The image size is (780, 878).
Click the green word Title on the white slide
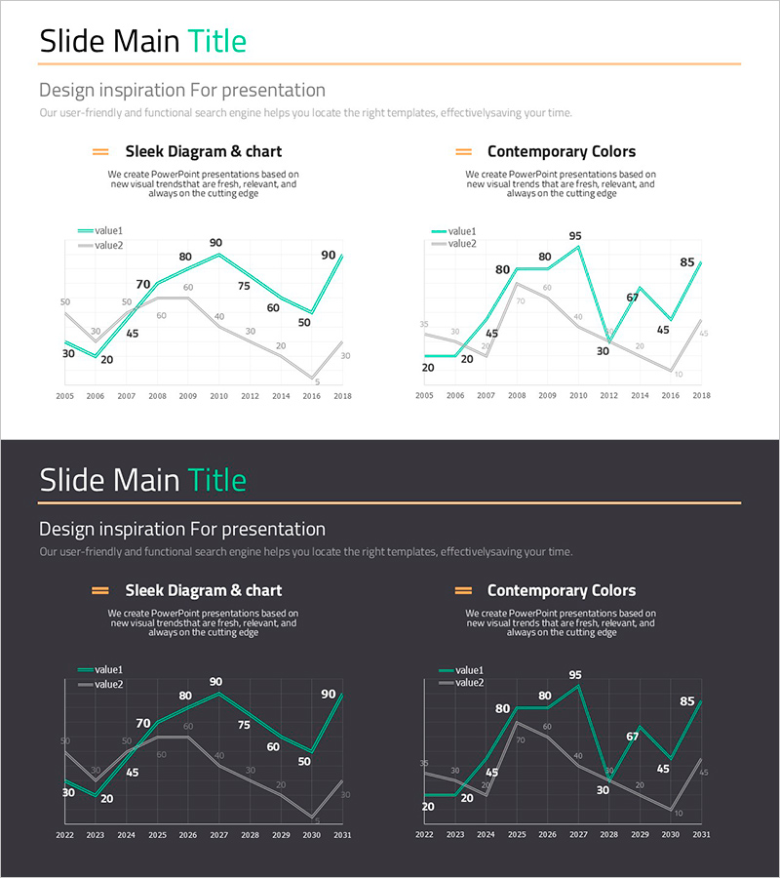(216, 41)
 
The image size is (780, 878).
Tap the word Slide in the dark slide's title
(73, 480)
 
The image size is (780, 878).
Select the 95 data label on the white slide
(575, 236)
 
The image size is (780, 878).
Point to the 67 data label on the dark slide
(632, 737)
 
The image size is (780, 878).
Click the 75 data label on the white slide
(244, 286)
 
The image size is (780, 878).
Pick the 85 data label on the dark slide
(687, 700)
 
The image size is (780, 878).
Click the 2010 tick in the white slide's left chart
(218, 396)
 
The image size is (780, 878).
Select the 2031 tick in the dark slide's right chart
(701, 835)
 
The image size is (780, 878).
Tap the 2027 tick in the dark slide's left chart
(218, 835)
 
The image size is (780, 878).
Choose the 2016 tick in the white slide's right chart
(671, 396)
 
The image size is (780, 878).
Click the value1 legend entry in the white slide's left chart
(100, 231)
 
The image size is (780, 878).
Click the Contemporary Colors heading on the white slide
(561, 151)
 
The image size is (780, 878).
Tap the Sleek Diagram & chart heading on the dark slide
(203, 590)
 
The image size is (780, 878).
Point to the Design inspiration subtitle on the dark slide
(182, 529)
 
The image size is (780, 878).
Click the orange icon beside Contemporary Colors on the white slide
(464, 151)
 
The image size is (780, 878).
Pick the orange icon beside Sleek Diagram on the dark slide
(99, 590)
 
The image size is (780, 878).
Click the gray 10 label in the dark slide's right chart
(679, 813)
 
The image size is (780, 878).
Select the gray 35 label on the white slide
(424, 324)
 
